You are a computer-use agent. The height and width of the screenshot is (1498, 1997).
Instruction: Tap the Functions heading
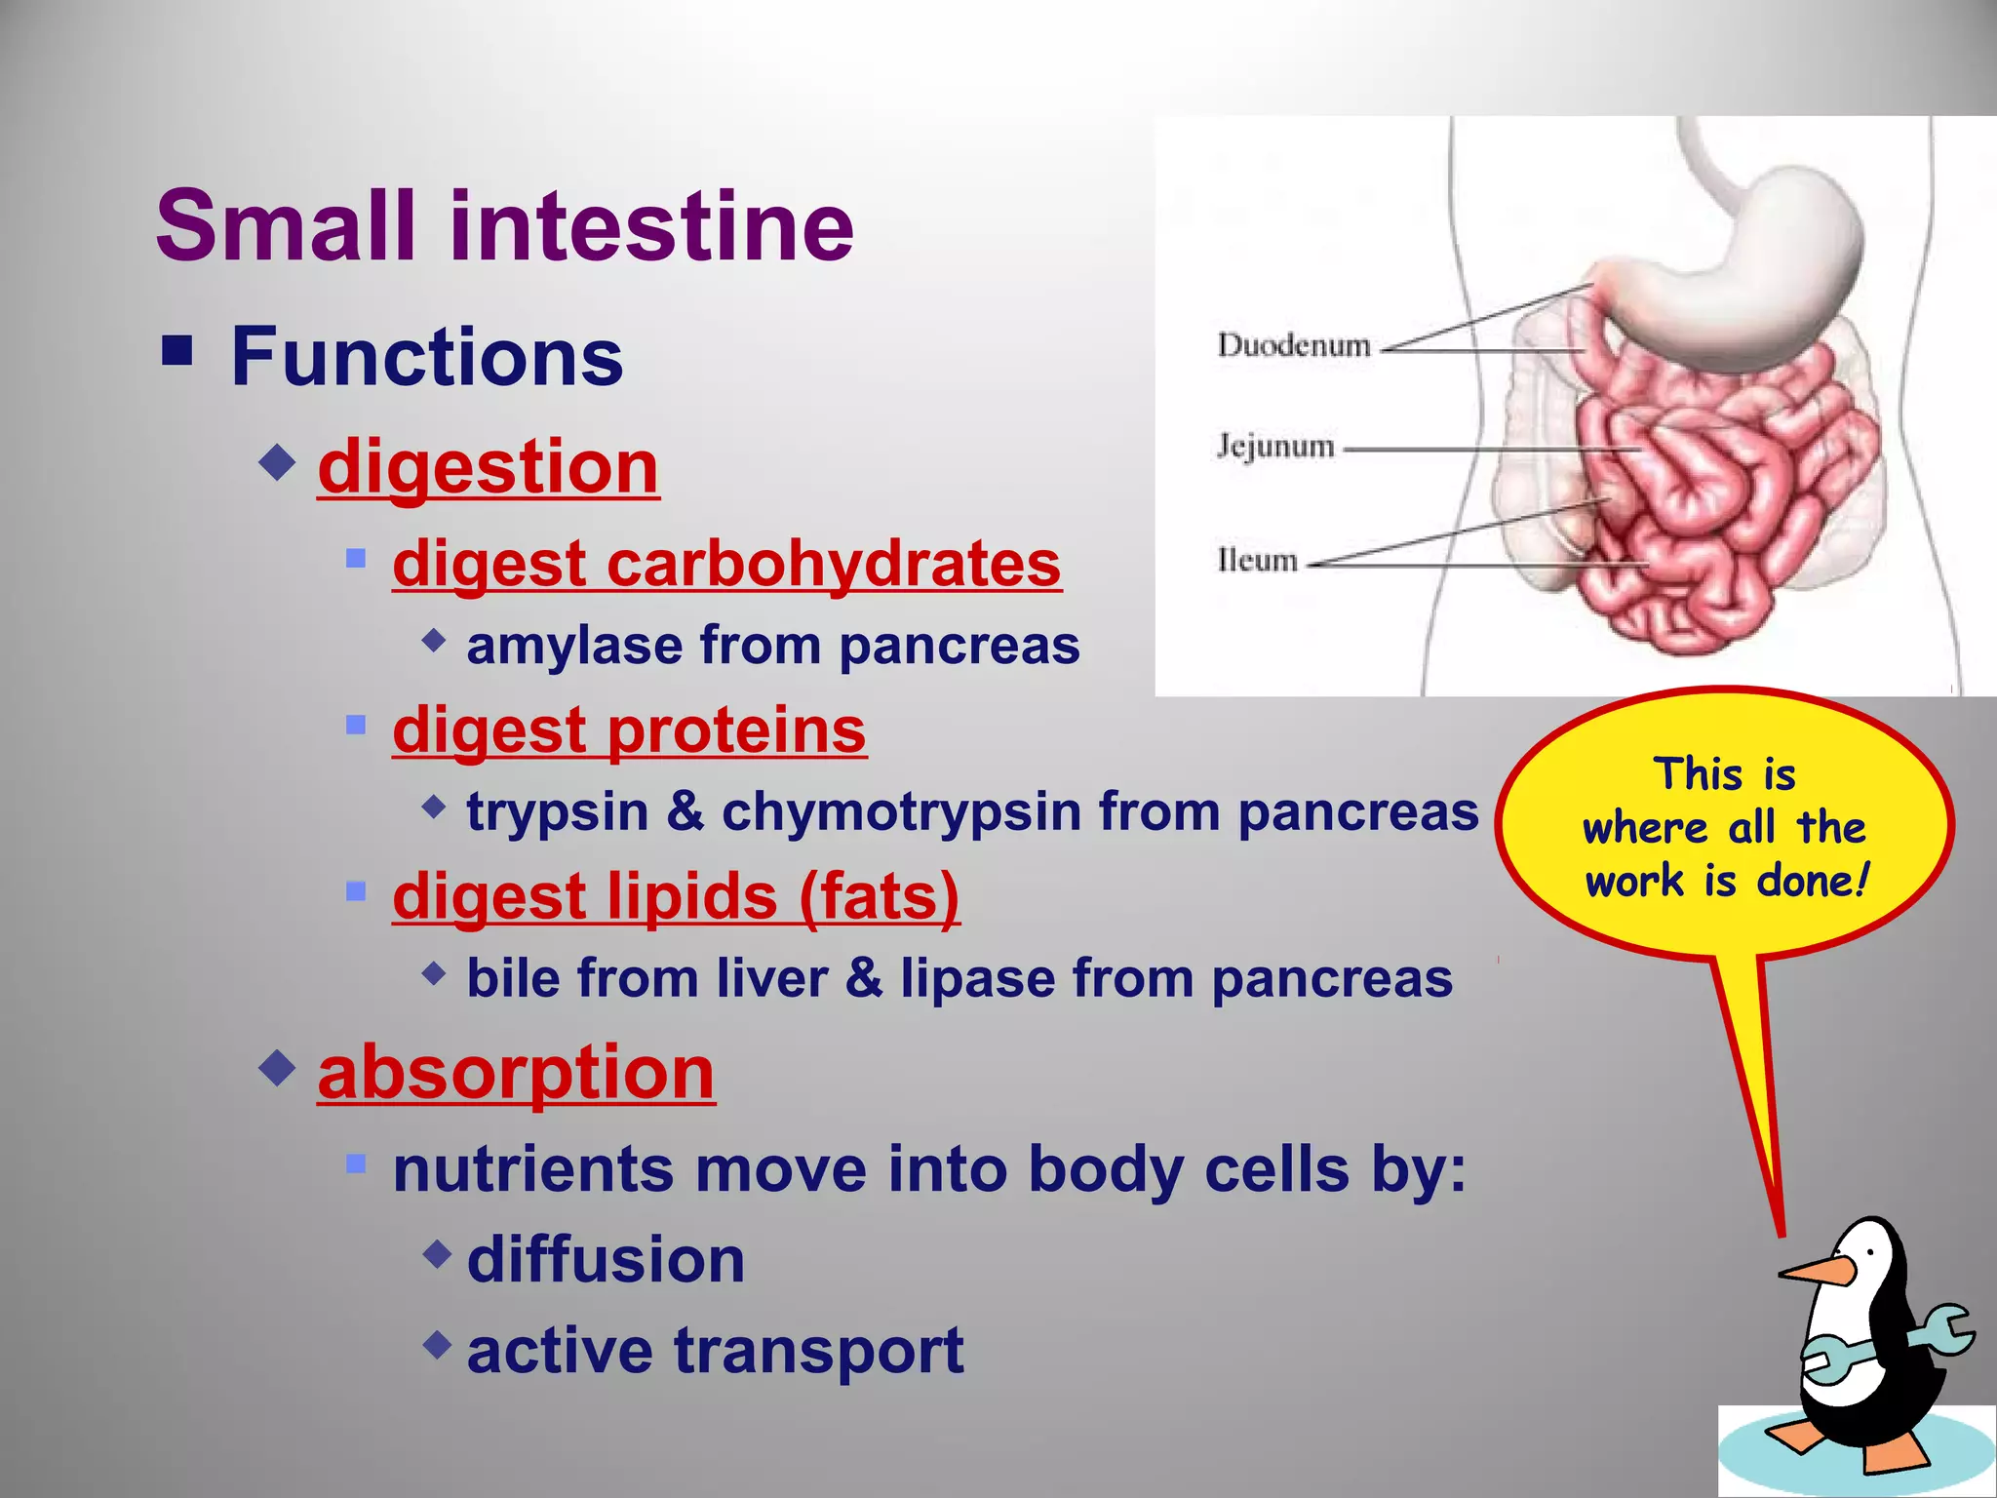tap(426, 357)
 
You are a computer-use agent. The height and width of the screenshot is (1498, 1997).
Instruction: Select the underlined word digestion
tap(488, 468)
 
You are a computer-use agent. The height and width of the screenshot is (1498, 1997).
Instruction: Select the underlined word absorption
tap(516, 1073)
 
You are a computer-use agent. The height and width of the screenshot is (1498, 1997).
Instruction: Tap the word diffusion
tap(606, 1260)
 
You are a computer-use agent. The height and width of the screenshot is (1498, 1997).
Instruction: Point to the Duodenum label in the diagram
tap(1293, 345)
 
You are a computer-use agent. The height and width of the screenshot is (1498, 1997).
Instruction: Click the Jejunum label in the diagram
tap(1274, 447)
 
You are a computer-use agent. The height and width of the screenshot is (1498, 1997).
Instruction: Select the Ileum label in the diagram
tap(1257, 561)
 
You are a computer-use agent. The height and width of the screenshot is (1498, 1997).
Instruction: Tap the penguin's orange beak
tap(1816, 1271)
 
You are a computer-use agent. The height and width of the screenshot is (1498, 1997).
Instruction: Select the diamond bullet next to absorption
tap(278, 1069)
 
